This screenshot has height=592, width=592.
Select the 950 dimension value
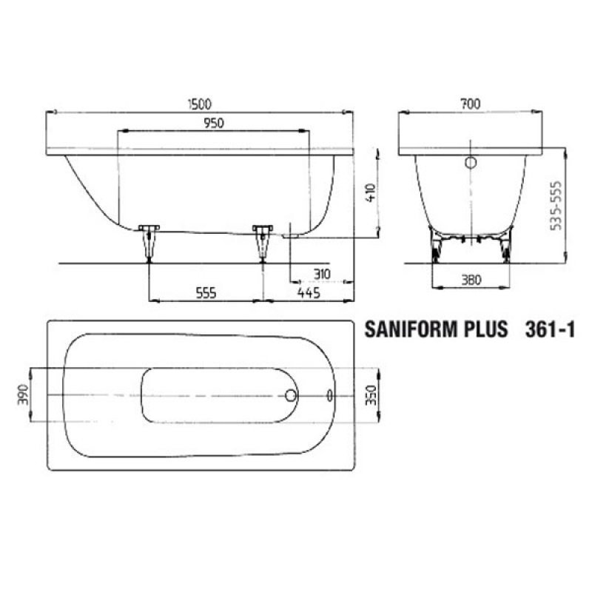213,122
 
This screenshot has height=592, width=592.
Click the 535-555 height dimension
557,206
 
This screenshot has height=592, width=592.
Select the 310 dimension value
321,275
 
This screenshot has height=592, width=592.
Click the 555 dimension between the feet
206,294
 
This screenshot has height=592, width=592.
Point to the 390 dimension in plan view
22,395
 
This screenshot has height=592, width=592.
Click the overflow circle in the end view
471,164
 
